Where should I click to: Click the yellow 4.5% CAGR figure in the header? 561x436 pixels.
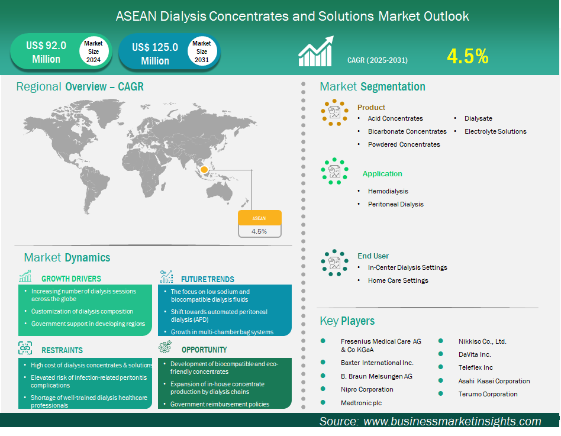[468, 57]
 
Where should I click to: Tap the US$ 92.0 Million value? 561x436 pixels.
[46, 52]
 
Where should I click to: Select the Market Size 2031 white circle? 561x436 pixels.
[202, 51]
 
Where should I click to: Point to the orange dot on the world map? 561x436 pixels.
[204, 170]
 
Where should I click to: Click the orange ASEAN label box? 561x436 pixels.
[259, 218]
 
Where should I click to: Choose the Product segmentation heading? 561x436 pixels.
[371, 107]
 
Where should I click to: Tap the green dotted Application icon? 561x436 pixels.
[334, 172]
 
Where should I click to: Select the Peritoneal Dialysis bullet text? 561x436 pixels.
[395, 204]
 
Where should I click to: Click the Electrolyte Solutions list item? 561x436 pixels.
[495, 131]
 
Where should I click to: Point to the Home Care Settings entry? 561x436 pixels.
[398, 280]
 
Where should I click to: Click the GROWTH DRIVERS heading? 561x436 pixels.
[71, 279]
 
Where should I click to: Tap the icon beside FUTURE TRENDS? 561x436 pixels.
[167, 276]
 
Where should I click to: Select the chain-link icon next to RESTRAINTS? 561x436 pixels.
[25, 348]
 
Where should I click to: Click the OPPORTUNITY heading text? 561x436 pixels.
[204, 350]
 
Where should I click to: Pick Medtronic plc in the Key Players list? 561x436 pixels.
[361, 403]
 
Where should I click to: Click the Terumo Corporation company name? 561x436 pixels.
[488, 394]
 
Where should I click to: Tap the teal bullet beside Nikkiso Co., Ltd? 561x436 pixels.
[441, 341]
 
